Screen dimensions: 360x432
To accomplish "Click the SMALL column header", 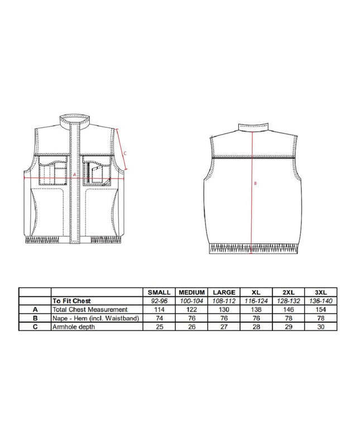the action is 159,292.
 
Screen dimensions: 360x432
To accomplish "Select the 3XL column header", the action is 321,292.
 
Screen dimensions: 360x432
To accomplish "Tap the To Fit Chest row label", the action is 71,301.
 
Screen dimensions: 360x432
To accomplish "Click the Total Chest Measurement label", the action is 90,309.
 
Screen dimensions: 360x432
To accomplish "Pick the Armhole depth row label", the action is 74,327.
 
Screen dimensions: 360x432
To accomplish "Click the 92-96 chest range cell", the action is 159,301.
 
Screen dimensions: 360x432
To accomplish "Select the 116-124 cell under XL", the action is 256,301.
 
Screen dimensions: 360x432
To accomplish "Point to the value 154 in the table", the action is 321,309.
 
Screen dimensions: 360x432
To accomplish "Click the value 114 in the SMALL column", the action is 159,309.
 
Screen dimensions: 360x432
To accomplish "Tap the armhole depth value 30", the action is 321,327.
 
